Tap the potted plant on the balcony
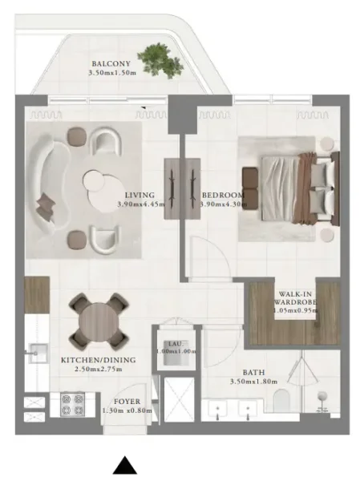(155, 57)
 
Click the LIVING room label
(140, 195)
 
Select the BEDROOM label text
(217, 195)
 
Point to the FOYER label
(127, 402)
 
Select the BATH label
(256, 373)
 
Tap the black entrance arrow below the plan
(123, 465)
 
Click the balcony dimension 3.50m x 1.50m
(112, 73)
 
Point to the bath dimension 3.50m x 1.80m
(256, 382)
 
